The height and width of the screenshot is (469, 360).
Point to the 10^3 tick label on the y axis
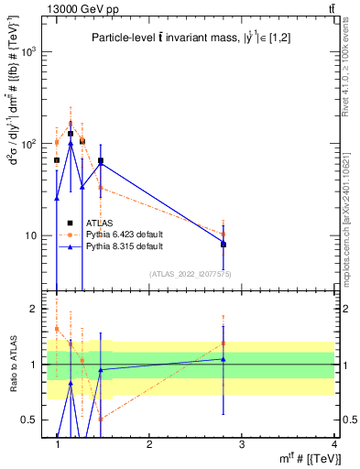30,52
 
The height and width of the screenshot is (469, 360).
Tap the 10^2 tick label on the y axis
30,144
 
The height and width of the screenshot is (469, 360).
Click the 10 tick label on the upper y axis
33,235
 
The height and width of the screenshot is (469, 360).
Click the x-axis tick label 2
149,444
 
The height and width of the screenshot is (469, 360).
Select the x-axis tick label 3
241,444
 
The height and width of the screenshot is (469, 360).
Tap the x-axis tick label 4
333,444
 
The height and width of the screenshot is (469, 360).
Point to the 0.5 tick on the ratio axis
30,420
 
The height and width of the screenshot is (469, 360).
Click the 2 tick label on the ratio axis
35,309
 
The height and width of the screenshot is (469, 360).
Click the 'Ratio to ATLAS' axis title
12,366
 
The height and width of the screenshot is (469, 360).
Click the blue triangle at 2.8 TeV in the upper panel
223,243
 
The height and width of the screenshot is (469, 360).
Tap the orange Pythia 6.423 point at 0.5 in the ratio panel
101,418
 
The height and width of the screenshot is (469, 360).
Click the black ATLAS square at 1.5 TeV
101,161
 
